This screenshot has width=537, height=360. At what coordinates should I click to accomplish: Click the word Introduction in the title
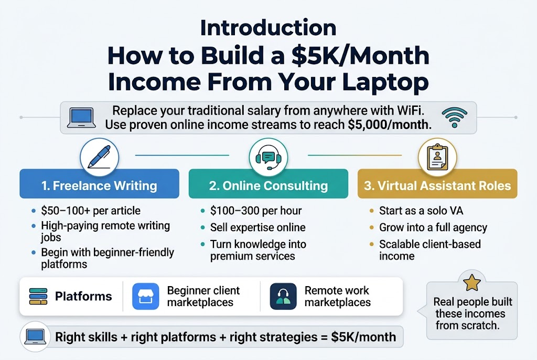coord(268,28)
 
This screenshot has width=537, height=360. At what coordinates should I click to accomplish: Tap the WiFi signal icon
coord(454,118)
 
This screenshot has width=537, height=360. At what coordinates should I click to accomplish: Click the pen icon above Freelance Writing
coord(99,156)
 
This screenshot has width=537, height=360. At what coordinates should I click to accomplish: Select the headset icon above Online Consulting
coord(268,156)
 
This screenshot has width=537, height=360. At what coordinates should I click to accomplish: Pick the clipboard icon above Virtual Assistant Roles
coord(437,156)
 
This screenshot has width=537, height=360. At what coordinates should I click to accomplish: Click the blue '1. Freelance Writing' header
coord(99,186)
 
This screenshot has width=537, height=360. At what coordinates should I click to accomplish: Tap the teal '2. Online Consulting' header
coord(268,186)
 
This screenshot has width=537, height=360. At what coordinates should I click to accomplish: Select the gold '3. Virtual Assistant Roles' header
coord(437,186)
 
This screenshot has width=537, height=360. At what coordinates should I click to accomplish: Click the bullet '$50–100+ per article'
coord(90,211)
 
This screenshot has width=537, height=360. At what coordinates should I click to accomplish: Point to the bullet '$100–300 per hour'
coord(255,211)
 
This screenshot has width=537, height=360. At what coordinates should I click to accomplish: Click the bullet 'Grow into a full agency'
coord(433,227)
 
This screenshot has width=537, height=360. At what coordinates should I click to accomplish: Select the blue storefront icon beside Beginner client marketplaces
coord(145,297)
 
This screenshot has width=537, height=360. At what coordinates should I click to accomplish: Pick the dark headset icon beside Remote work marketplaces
coord(283,297)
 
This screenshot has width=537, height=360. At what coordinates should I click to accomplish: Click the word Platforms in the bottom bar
coord(83,297)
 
